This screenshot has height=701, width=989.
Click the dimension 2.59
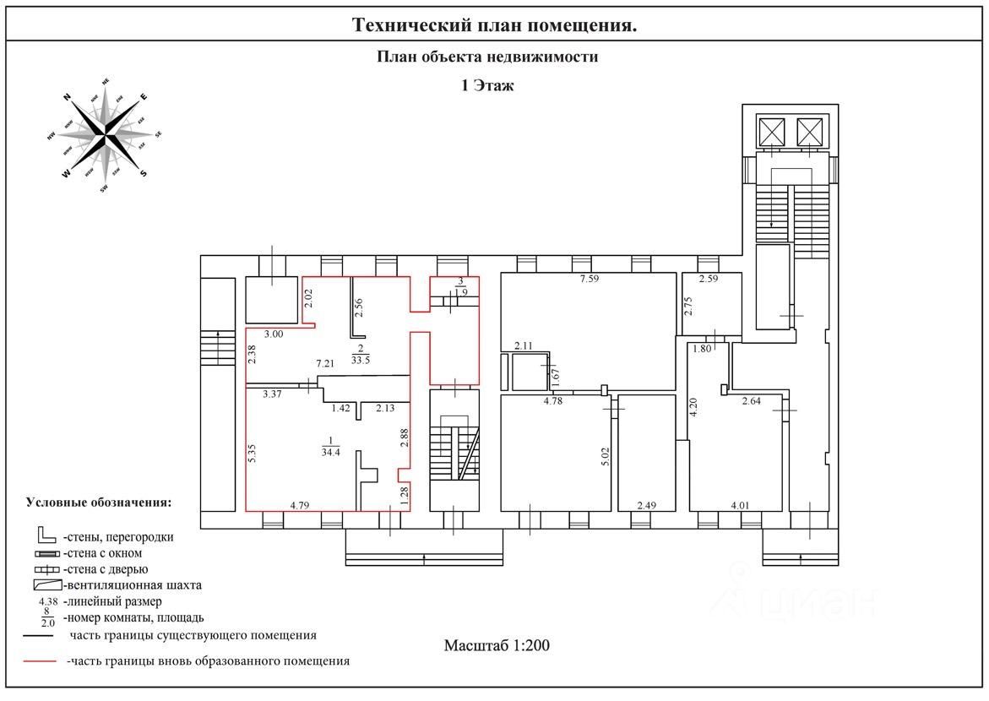point(707,280)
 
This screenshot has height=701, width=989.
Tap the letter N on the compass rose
point(67,97)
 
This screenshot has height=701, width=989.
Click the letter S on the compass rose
point(144,173)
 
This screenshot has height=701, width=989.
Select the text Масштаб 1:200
point(497,645)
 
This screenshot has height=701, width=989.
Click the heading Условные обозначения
point(99,502)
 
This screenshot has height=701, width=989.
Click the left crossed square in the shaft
point(771,133)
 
